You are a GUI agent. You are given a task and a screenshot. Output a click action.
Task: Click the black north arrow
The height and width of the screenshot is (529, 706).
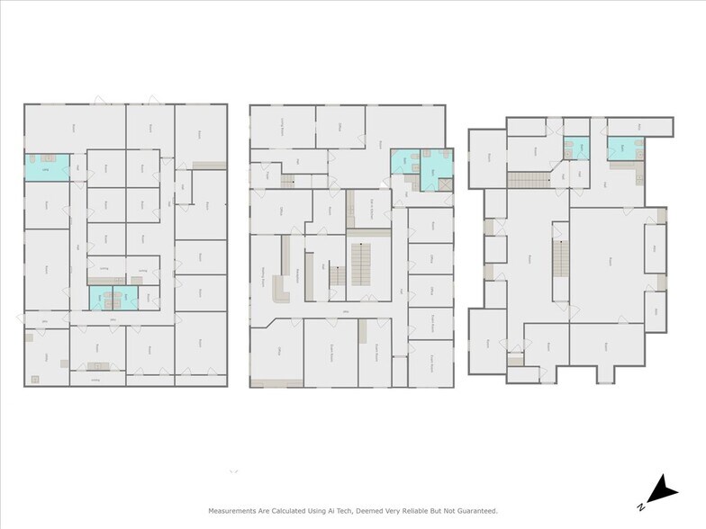tap(665, 488)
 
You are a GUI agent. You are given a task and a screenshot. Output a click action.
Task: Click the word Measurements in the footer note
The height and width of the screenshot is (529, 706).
tap(237, 510)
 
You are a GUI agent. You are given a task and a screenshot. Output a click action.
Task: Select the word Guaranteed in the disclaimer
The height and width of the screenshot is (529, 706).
tap(472, 510)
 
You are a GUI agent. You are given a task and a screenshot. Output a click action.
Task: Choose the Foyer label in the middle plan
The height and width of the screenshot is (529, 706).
tap(267, 175)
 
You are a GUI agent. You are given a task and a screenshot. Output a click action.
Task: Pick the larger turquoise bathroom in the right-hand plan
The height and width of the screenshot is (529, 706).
tap(621, 148)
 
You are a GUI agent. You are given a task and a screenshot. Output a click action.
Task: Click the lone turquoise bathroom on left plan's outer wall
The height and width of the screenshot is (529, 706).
tap(46, 166)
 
